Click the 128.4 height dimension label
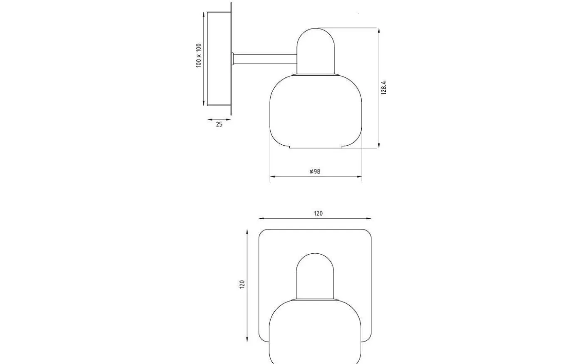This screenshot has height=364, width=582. coord(384,88)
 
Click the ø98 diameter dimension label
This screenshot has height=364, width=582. coord(315,171)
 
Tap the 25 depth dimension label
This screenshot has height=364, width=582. coord(219,124)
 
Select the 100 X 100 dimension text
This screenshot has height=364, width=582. coord(199,56)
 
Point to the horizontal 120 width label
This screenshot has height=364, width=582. coord(318,213)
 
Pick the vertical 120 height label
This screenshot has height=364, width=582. coord(242,284)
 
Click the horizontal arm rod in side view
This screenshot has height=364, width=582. coord(266,59)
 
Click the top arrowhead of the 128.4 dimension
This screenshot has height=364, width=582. coord(379,30)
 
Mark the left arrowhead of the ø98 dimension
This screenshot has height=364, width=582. coord(272,177)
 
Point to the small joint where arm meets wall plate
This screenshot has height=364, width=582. coord(233,59)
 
